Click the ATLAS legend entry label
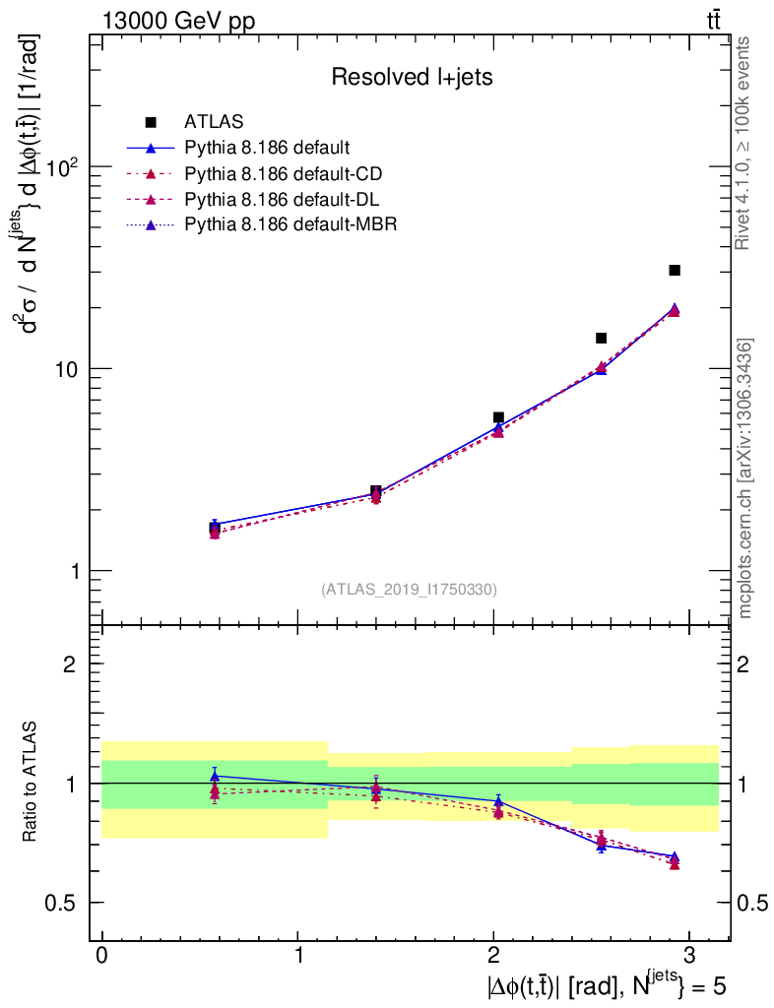(x=214, y=122)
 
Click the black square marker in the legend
(x=152, y=122)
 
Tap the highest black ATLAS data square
(x=675, y=270)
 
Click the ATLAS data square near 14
(x=601, y=338)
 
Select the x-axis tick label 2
(x=493, y=956)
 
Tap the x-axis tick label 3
(x=689, y=956)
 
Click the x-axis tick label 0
(x=101, y=956)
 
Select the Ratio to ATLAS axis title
(x=31, y=783)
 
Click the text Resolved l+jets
(x=412, y=77)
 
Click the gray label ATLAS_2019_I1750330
(x=409, y=590)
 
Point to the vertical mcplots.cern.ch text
(x=746, y=478)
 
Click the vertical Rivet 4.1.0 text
(x=745, y=143)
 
